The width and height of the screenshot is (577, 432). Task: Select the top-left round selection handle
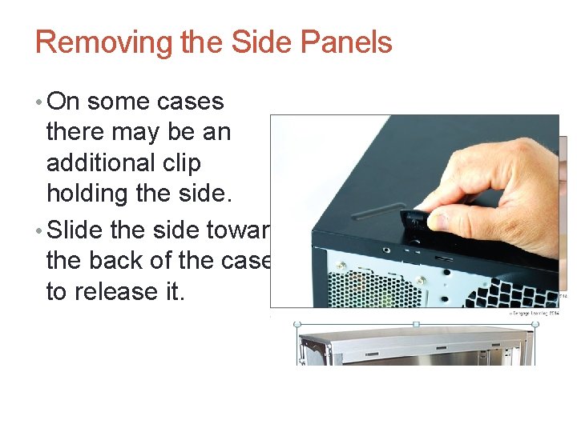pos(297,324)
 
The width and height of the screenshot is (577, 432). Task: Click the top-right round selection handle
pos(535,324)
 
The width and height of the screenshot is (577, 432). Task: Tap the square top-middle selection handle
pos(416,324)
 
